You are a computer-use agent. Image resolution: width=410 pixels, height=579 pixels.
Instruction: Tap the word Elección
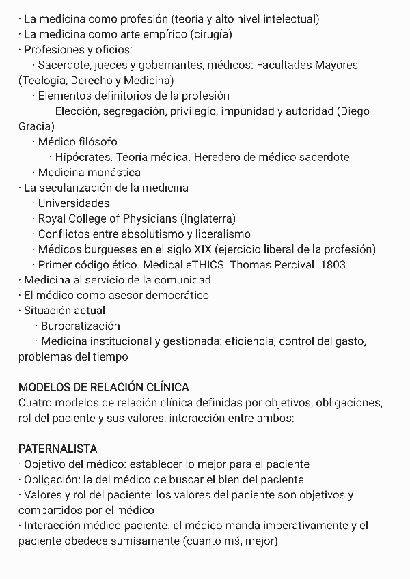pos(77,111)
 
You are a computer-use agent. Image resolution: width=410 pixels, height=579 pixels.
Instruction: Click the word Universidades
pos(73,203)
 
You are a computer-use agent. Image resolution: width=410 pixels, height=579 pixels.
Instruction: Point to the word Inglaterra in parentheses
pos(208,218)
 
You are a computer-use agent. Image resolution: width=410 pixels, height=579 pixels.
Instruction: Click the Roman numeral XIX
pos(199,249)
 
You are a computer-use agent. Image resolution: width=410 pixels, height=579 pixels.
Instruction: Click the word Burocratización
pos(80,326)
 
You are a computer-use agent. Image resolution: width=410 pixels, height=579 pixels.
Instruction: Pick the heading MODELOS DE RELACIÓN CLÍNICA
pos(104,388)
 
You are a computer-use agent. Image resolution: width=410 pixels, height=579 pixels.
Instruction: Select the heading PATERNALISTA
pos(57,449)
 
